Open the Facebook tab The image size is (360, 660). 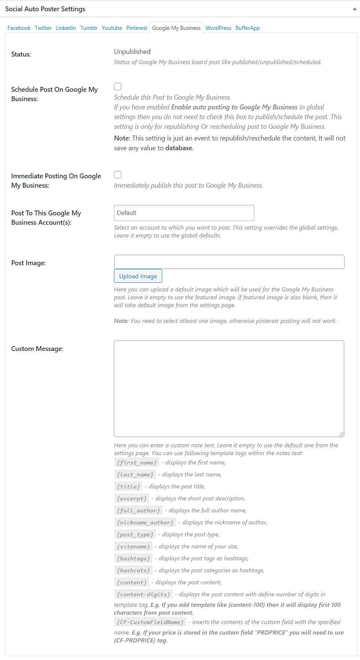coord(19,28)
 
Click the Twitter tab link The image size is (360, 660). coord(43,28)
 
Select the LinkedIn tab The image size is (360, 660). coord(66,28)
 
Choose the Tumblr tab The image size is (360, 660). coord(89,28)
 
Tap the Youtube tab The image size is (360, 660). coord(112,28)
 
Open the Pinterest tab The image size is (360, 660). coord(137,28)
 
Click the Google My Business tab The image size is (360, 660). coord(176,28)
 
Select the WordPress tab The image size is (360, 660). coord(218,28)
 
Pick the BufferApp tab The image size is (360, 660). coord(248,28)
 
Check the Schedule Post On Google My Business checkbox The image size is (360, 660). coord(118,87)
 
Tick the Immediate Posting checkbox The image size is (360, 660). coord(118,175)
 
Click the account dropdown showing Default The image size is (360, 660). coord(184,213)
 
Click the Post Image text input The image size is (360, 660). coord(229,262)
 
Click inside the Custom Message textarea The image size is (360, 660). coord(229,388)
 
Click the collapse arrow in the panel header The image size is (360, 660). coord(354,9)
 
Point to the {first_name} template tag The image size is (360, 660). coord(137,463)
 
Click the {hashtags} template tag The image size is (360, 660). coord(133,558)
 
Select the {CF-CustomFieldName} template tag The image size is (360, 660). coord(150,622)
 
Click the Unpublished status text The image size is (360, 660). coord(132,52)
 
